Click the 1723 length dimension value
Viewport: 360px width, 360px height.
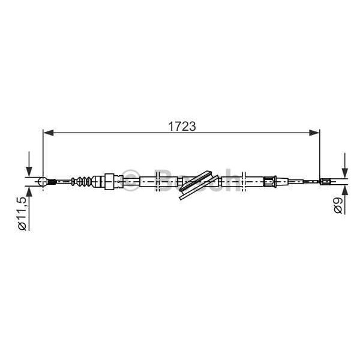tap(181, 126)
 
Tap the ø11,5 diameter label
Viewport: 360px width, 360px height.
tap(22, 214)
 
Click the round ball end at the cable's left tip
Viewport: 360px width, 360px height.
tap(43, 181)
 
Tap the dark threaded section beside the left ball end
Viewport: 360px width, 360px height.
tap(52, 181)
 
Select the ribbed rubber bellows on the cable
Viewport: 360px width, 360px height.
tap(85, 181)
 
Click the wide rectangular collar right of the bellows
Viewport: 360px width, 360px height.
tap(109, 181)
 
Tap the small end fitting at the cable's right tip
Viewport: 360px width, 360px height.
tap(325, 182)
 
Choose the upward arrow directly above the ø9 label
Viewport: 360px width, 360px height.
tap(344, 191)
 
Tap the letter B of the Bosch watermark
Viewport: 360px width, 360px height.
tap(163, 179)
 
